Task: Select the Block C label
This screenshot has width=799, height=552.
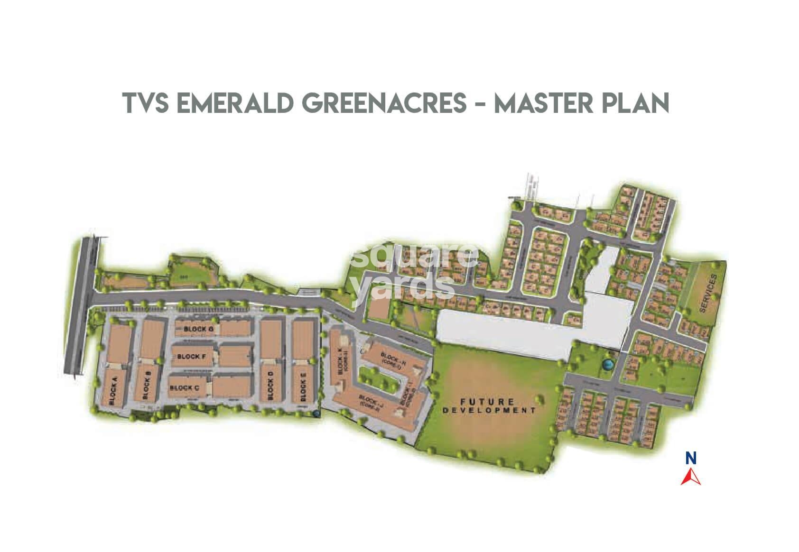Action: point(185,387)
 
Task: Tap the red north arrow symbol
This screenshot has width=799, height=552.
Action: point(691,476)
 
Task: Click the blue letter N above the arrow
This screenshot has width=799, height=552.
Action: point(691,459)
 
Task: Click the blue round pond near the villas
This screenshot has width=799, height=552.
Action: point(607,365)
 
